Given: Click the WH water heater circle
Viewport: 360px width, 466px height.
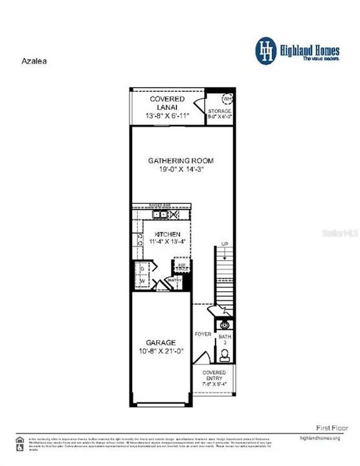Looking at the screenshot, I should [x=227, y=98].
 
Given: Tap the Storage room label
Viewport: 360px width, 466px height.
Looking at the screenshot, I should [x=219, y=111].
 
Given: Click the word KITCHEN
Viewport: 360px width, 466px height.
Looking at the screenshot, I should [x=166, y=234].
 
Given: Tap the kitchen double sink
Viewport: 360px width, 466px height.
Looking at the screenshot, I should [x=160, y=214].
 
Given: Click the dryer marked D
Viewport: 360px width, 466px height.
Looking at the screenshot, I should [x=143, y=268].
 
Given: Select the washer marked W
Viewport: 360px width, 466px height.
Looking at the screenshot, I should [x=143, y=280].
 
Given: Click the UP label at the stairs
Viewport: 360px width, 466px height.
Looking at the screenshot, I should [x=224, y=245].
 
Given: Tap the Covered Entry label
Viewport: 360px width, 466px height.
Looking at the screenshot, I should [x=214, y=376].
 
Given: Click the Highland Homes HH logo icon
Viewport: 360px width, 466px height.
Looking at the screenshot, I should [x=265, y=51].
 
